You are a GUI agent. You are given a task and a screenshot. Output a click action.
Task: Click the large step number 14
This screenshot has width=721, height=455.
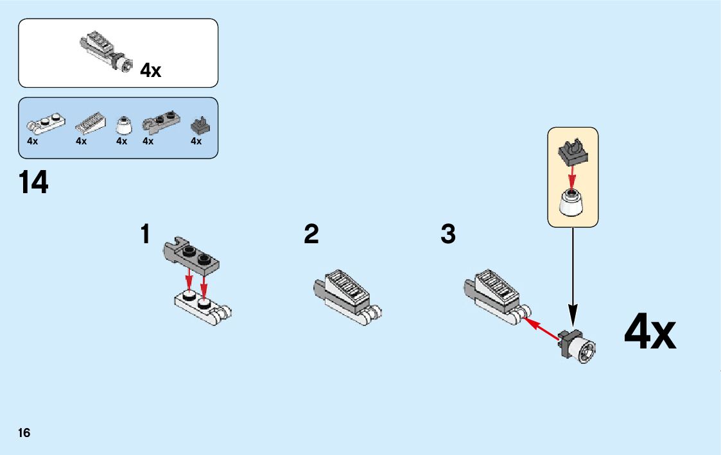coord(33,183)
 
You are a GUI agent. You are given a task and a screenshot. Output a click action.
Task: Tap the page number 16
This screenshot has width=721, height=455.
coord(24,433)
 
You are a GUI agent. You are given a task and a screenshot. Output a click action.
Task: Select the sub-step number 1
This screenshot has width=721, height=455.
coord(146,234)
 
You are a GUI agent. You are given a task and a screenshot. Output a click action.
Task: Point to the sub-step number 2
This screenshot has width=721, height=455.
coord(311,234)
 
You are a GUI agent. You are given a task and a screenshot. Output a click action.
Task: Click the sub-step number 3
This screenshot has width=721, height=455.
coord(448,234)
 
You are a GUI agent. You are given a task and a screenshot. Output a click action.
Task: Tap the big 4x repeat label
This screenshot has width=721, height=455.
coord(650,333)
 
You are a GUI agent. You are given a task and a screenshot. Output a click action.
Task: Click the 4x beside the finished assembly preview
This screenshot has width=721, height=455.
coord(151,70)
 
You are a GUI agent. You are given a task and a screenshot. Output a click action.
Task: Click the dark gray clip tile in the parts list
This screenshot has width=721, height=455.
coord(200,124)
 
